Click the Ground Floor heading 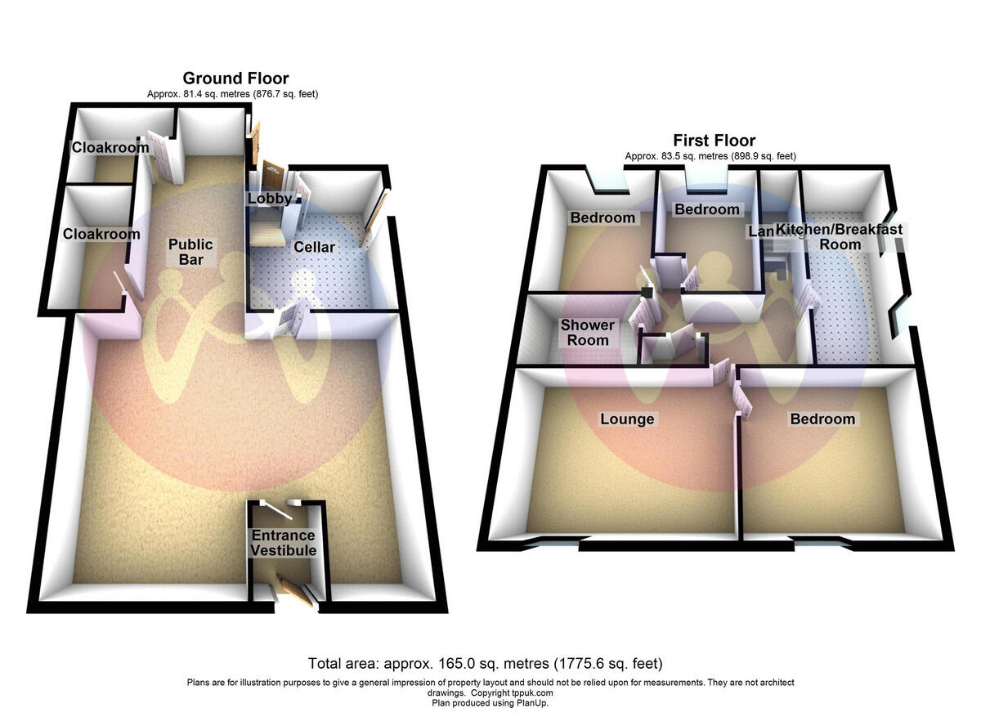(x=235, y=78)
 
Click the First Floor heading (x=714, y=141)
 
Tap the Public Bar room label (x=190, y=252)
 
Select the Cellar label (x=315, y=246)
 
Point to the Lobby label (x=269, y=199)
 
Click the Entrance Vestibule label (x=283, y=543)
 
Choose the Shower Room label (x=587, y=333)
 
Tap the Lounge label (x=627, y=419)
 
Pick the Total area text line (x=485, y=663)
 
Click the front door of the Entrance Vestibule (x=294, y=590)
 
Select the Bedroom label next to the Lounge (x=822, y=419)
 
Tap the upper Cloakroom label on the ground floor (x=110, y=148)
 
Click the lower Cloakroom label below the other (x=101, y=234)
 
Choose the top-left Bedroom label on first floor (x=602, y=217)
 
